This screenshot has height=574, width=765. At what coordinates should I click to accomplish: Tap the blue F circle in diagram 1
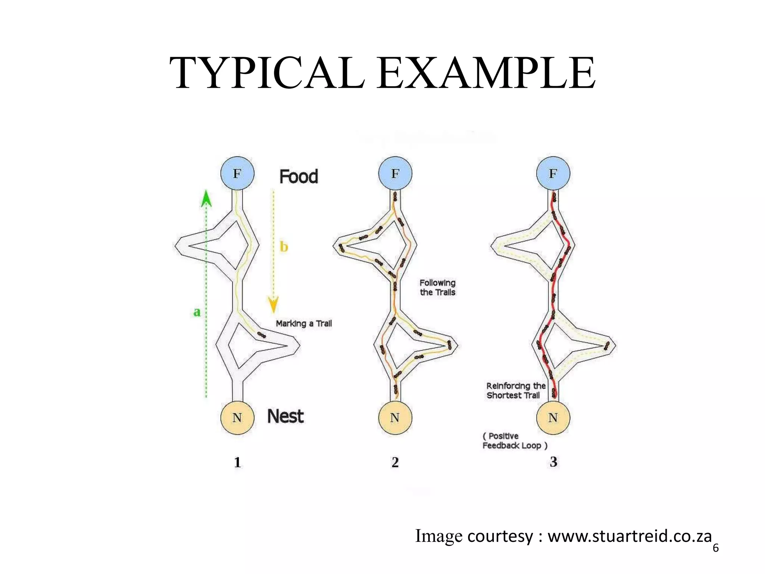click(x=237, y=173)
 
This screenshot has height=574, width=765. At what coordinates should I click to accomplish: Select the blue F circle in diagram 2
click(x=395, y=173)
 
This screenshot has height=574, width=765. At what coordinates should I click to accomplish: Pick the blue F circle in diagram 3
click(x=553, y=173)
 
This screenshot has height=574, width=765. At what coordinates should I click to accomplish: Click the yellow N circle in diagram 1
click(x=237, y=417)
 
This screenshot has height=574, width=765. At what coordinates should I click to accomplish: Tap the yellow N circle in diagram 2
click(x=395, y=417)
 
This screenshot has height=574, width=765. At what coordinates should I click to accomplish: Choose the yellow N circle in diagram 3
click(x=553, y=417)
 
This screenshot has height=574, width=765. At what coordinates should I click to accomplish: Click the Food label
click(x=299, y=176)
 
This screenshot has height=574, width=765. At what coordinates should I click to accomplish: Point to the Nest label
click(x=285, y=416)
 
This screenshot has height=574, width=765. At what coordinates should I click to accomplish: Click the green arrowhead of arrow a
click(x=206, y=198)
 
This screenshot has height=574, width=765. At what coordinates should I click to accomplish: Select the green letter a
click(x=197, y=312)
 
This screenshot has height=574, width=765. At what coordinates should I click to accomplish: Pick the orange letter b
click(x=284, y=247)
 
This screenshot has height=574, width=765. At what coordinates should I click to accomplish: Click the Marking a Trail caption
click(x=304, y=324)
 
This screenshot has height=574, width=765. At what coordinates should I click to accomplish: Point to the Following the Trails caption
click(x=437, y=287)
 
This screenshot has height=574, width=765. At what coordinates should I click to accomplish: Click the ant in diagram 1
click(x=261, y=334)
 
